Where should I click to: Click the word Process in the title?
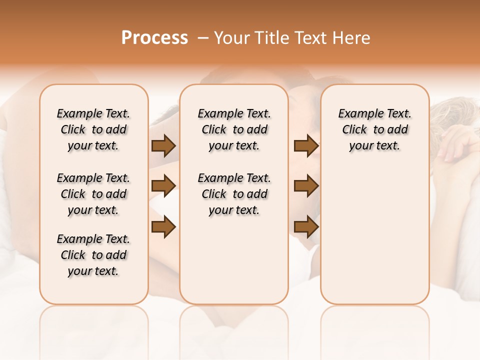pos(154,38)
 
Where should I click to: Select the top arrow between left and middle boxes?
pos(163,146)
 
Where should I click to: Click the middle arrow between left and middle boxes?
pos(163,186)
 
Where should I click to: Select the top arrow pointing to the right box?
pos(306,146)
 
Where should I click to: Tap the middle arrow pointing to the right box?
pos(306,186)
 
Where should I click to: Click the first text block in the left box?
pos(93,129)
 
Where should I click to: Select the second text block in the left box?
pos(93,194)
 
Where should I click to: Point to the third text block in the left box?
pos(93,255)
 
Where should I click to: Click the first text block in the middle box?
pos(234,129)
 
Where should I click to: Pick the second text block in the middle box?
pos(234,194)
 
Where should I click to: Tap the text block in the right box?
pos(374,129)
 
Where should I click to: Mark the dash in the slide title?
pos(202,38)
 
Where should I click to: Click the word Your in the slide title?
pos(232,38)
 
